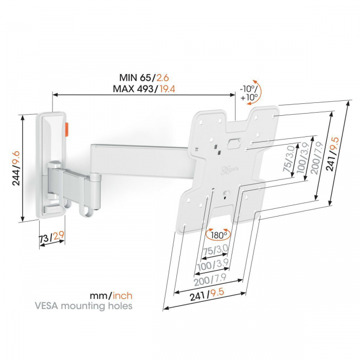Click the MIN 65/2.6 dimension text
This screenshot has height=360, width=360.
[x=144, y=78]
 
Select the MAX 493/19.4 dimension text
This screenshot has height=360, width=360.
[x=144, y=89]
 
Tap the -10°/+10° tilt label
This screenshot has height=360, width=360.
[x=248, y=93]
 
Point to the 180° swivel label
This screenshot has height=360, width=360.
[x=219, y=235]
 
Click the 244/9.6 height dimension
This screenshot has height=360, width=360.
[x=16, y=168]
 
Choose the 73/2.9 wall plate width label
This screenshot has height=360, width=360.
[x=51, y=237]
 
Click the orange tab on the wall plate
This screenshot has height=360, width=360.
[x=67, y=130]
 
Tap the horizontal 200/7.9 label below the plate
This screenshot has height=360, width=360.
[x=210, y=280]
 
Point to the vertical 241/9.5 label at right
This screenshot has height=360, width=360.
[x=333, y=154]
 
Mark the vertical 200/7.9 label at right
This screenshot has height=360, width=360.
[x=317, y=158]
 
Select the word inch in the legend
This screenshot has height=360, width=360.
[x=122, y=296]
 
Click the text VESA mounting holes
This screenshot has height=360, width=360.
[x=83, y=306]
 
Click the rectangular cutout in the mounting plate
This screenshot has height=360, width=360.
[x=233, y=143]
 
